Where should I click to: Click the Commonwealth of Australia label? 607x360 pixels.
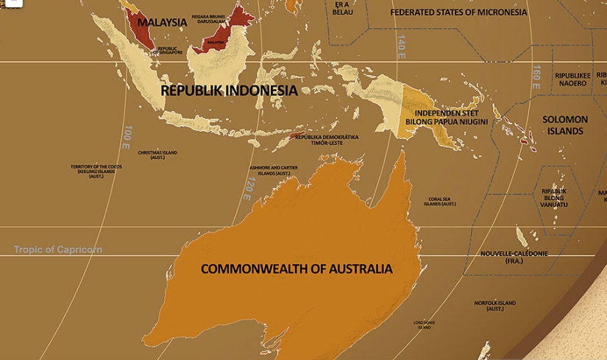(x=297, y=269)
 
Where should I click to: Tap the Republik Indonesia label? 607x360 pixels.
(x=229, y=91)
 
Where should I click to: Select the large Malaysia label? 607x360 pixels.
(x=162, y=22)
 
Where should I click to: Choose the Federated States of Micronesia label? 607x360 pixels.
(x=458, y=13)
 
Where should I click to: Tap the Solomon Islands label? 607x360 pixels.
(x=565, y=125)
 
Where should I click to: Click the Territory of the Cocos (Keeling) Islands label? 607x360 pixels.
(x=96, y=172)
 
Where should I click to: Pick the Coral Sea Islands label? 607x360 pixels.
(x=445, y=201)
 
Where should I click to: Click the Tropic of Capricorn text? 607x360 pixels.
(x=58, y=250)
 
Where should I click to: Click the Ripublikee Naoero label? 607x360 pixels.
(x=571, y=79)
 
